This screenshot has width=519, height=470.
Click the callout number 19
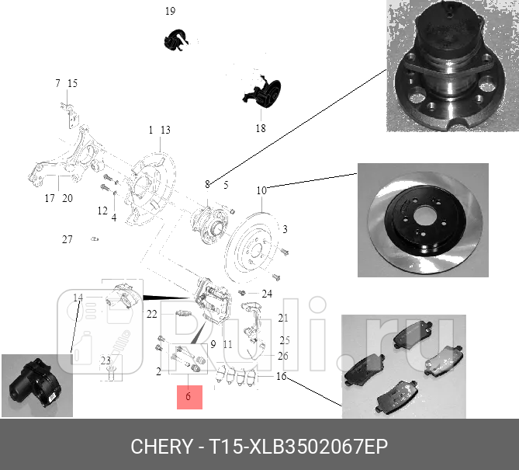pyautogui.click(x=170, y=11)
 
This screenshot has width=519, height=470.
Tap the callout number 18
pyautogui.click(x=261, y=128)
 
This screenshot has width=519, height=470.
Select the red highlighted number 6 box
pyautogui.click(x=189, y=397)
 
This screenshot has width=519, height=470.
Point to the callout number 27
pyautogui.click(x=67, y=239)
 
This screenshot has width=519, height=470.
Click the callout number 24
pyautogui.click(x=267, y=294)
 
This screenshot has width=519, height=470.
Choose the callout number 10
pyautogui.click(x=261, y=190)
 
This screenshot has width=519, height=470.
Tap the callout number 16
pyautogui.click(x=281, y=376)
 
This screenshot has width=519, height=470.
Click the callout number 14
pyautogui.click(x=78, y=298)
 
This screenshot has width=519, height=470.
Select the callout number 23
pyautogui.click(x=106, y=360)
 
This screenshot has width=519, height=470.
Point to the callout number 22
pyautogui.click(x=151, y=314)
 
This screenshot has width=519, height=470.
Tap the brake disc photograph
pyautogui.click(x=423, y=219)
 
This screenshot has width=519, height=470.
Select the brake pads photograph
pyautogui.click(x=403, y=366)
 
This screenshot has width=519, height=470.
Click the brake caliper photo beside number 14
pyautogui.click(x=36, y=385)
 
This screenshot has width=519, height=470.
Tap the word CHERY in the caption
pyautogui.click(x=161, y=447)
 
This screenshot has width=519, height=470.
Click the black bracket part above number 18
pyautogui.click(x=262, y=96)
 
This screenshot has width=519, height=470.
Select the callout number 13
pyautogui.click(x=164, y=130)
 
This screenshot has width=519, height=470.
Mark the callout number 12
pyautogui.click(x=102, y=211)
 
